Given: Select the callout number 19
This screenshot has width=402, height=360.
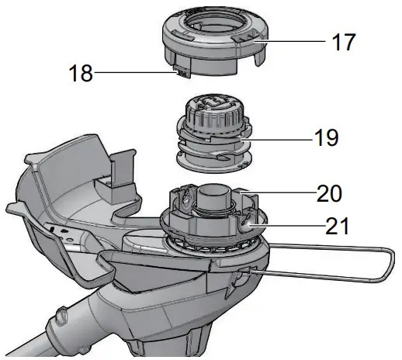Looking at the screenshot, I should click(327, 138).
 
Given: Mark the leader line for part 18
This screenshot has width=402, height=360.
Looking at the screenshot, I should click(132, 74).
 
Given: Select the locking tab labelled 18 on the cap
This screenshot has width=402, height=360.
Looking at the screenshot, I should click(179, 73).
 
